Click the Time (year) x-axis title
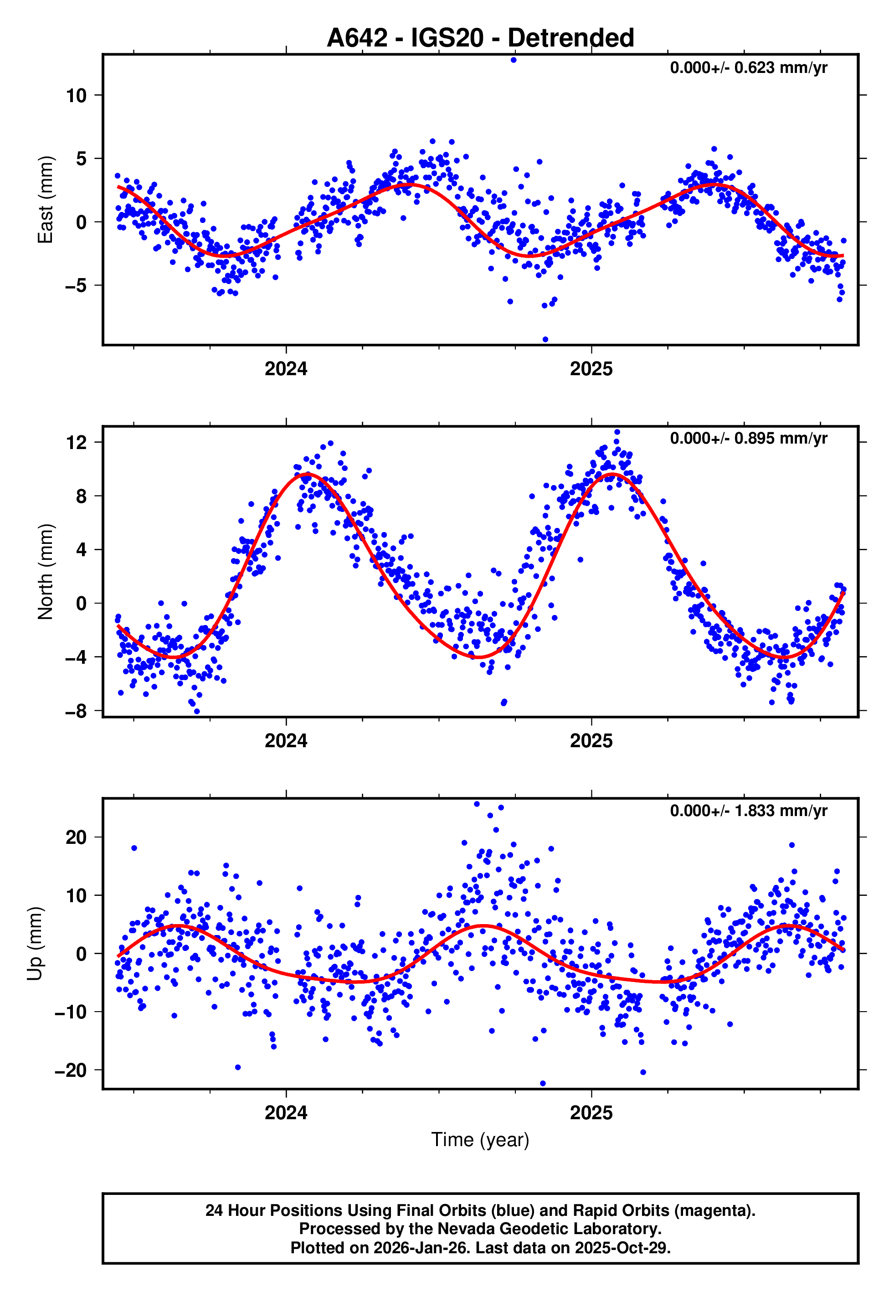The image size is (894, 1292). tap(480, 1140)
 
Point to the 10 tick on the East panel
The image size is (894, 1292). tap(77, 96)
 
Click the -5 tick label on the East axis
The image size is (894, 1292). tap(76, 286)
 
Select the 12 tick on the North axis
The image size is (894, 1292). tap(77, 443)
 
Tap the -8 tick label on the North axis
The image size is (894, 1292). tap(76, 712)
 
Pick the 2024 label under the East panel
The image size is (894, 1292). tap(286, 369)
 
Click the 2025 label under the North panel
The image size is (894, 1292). tap(591, 741)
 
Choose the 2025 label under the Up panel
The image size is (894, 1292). tap(591, 1113)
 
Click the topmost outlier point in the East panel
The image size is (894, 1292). tap(513, 60)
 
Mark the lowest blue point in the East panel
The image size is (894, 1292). tap(545, 340)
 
